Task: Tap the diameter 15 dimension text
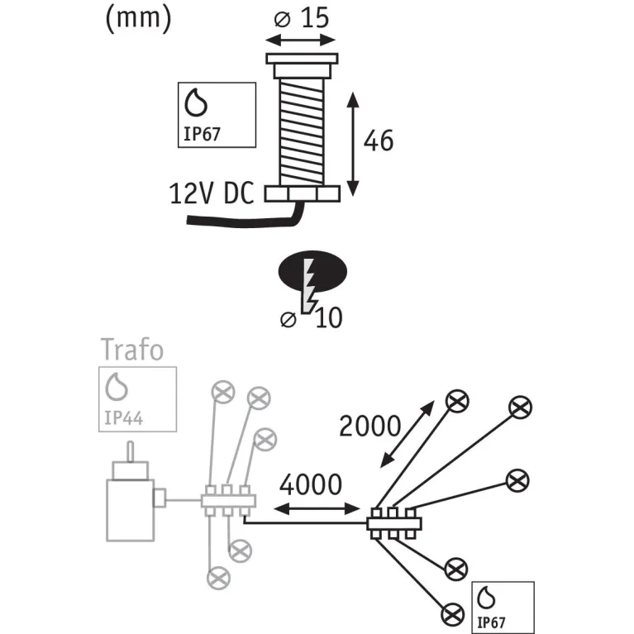click(x=302, y=18)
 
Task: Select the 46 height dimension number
click(x=379, y=141)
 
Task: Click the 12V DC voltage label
click(x=211, y=193)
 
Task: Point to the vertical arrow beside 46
click(x=353, y=144)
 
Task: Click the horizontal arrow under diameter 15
click(x=300, y=40)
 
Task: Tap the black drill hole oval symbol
click(x=312, y=272)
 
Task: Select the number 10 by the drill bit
click(x=329, y=317)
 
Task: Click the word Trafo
click(x=131, y=350)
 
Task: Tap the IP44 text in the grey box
click(x=123, y=417)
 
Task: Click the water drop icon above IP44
click(x=117, y=387)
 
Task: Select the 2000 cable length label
click(x=369, y=427)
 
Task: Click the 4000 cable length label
click(x=311, y=484)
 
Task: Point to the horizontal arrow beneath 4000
click(x=317, y=509)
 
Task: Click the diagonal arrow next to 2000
click(x=408, y=434)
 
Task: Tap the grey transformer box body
click(x=131, y=510)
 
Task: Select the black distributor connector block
click(x=394, y=523)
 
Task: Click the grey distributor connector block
click(x=228, y=501)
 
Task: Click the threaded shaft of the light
click(x=302, y=131)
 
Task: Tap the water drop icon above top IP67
click(x=196, y=102)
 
